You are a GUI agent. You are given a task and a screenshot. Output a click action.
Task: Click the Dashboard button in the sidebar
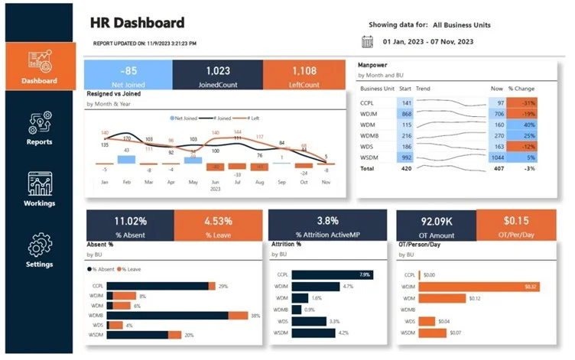(39, 66)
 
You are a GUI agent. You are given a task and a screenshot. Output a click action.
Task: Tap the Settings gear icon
(39, 245)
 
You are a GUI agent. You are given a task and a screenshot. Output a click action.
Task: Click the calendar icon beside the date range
(367, 41)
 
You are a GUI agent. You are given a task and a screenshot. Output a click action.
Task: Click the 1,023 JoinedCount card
(217, 74)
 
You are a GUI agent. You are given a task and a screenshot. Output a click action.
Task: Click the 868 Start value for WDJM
(405, 114)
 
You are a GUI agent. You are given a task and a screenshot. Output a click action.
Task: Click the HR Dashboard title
(137, 22)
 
